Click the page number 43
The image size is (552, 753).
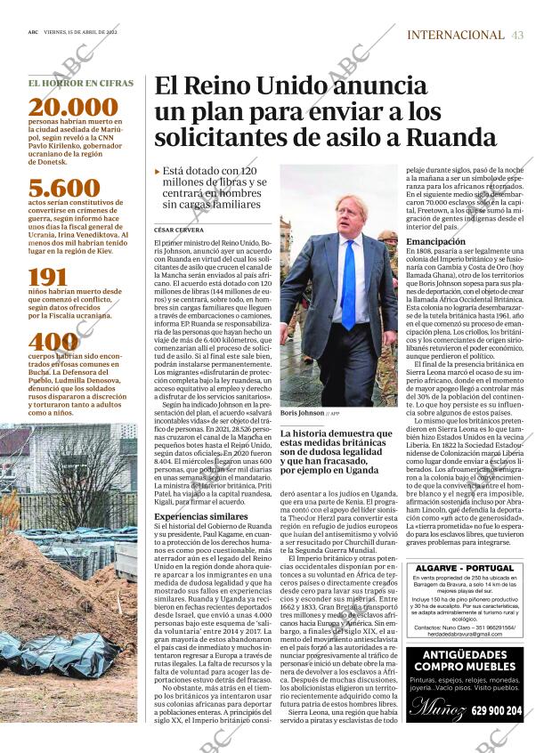[x=517, y=35]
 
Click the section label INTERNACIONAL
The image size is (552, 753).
[x=455, y=35]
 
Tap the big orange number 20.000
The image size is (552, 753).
[x=73, y=109]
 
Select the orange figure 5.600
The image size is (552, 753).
[x=64, y=189]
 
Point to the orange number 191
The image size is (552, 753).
[x=48, y=277]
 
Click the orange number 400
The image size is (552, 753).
[x=53, y=343]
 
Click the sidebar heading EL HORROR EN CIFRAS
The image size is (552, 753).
[x=81, y=83]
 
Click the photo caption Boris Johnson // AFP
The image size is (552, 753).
[x=310, y=414]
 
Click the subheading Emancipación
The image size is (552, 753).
[x=436, y=242]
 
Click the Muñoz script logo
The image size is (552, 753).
[x=438, y=710]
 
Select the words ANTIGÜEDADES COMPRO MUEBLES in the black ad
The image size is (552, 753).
[x=466, y=662]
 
